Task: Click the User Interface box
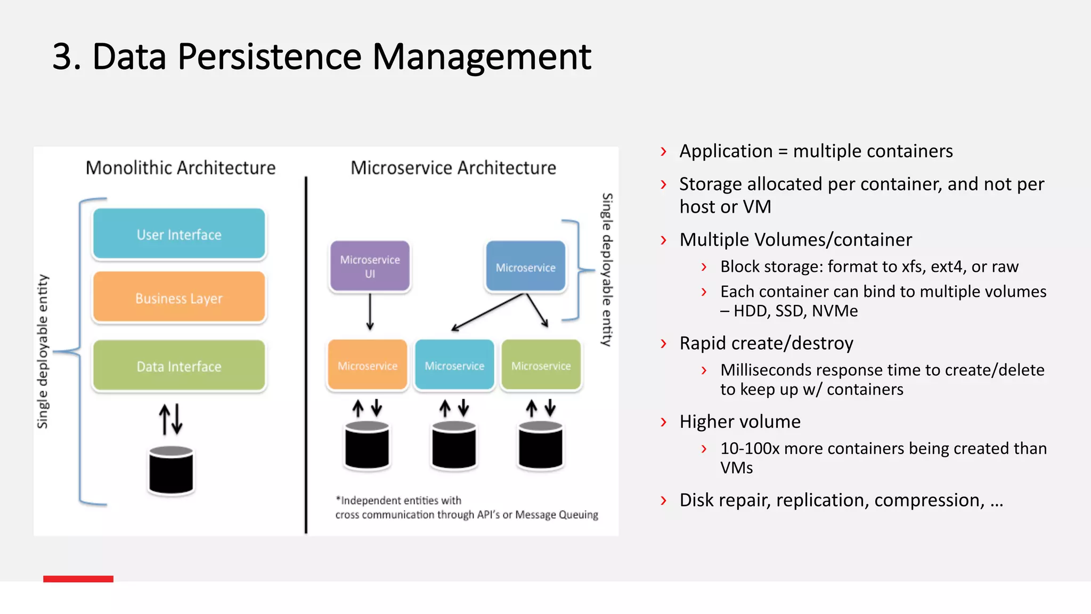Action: point(179,234)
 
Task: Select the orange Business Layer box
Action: point(179,297)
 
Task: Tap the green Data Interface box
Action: point(179,366)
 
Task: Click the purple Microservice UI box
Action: point(370,266)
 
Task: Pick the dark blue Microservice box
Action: point(525,266)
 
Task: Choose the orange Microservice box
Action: point(367,365)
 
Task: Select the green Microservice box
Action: point(541,365)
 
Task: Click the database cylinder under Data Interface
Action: point(171,470)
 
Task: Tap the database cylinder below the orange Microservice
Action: point(367,446)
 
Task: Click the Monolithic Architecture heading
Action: point(181,168)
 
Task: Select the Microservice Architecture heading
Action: point(453,168)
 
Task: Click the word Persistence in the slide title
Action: point(270,57)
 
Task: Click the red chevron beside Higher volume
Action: point(663,422)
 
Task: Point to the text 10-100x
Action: point(750,448)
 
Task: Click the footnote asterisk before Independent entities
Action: point(338,499)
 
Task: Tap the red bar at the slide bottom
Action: point(78,579)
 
